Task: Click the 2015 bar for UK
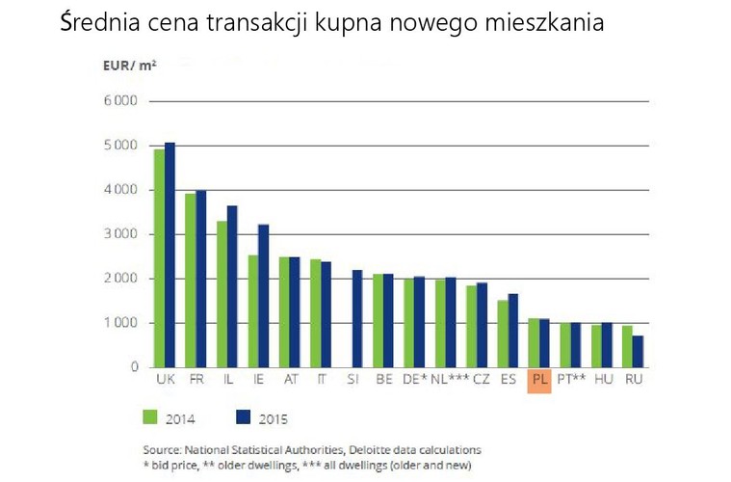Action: click(170, 254)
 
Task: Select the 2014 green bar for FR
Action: click(191, 280)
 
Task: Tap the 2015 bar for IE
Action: click(263, 295)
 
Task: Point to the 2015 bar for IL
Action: click(232, 285)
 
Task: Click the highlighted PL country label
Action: click(539, 380)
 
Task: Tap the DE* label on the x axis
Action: click(415, 380)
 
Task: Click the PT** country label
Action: click(572, 380)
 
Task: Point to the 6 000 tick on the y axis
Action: click(120, 101)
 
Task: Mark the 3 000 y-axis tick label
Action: click(120, 234)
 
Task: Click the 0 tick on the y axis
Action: click(134, 367)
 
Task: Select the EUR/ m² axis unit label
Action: click(129, 67)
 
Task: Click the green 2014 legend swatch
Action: click(149, 417)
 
